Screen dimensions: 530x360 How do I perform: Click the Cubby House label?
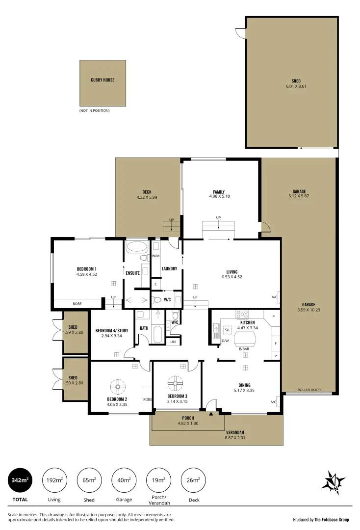point(103,80)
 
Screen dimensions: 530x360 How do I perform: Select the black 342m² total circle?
point(20,479)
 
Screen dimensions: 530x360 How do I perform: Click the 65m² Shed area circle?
point(89,479)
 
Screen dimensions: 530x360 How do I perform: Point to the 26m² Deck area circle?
point(193,479)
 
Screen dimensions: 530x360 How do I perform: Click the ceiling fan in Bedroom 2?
point(117,387)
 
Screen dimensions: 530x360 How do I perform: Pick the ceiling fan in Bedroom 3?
point(176,384)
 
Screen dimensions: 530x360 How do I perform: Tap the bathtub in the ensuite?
point(136,246)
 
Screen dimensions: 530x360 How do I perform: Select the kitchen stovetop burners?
point(242,315)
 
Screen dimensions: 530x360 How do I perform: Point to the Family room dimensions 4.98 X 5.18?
point(219,196)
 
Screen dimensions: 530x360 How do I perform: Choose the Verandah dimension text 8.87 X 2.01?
point(235,437)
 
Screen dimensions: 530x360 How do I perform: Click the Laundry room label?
point(169,268)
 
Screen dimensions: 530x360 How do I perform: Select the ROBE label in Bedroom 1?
point(77,304)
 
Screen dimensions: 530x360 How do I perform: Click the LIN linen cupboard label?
point(173,341)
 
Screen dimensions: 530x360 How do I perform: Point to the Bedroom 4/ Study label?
point(111,331)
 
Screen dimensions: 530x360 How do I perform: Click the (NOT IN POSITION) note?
point(94,110)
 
